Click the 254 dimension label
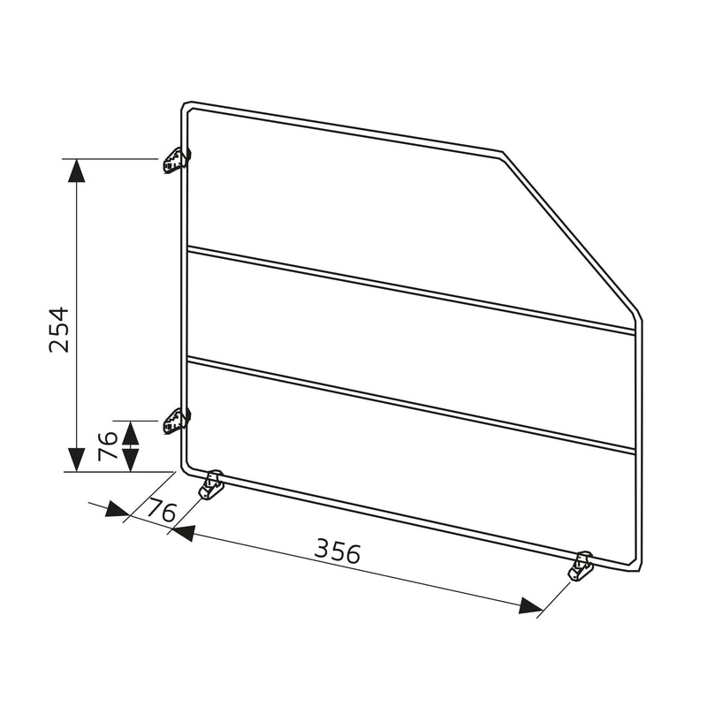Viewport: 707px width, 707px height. pos(58,329)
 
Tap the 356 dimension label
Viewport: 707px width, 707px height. pos(338,552)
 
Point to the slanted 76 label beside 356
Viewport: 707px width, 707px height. pos(161,510)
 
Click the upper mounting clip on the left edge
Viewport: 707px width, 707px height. pos(177,161)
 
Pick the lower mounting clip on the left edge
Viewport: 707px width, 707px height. pos(177,421)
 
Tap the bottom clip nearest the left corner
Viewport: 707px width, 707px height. pos(211,484)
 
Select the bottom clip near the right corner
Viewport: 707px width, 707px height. pos(581,566)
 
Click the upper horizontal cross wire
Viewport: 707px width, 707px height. pos(411,290)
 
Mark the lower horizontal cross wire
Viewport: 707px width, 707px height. pos(411,405)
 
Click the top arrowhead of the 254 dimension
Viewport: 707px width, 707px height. pos(77,170)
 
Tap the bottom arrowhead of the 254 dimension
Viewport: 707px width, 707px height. pos(77,460)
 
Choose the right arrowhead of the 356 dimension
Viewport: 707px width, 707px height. pos(530,605)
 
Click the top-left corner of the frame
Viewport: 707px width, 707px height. pos(186,105)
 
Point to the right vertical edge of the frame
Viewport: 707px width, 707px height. pos(639,442)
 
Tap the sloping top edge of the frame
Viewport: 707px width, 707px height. pos(345,128)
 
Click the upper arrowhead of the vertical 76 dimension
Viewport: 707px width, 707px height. pos(131,431)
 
